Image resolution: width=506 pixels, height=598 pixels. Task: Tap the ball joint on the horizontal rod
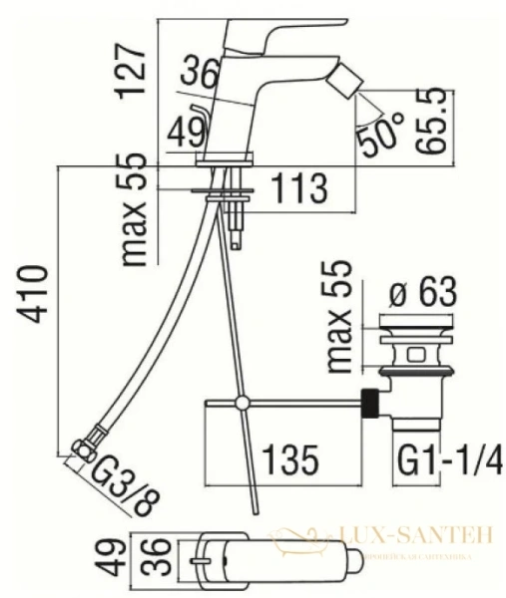pos(241,403)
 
